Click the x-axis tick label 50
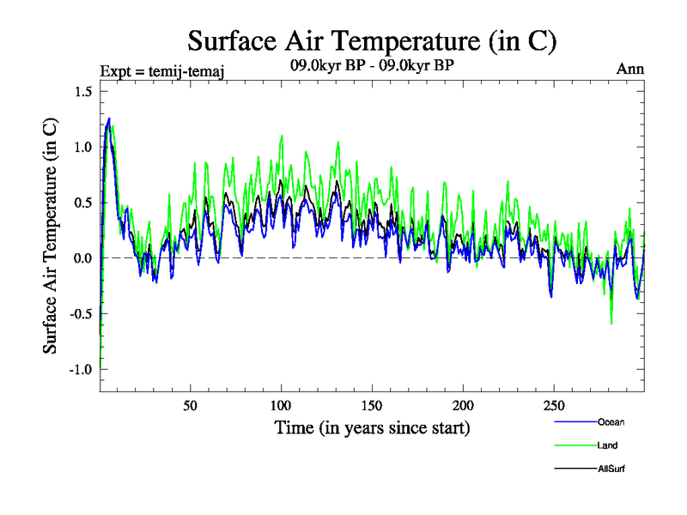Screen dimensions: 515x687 (x=191, y=405)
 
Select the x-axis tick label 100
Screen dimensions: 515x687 (x=282, y=405)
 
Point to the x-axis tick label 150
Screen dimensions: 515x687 (x=373, y=405)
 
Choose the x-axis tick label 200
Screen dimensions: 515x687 (x=464, y=405)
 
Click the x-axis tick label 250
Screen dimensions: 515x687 (x=554, y=405)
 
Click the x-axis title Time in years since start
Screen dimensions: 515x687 (x=372, y=427)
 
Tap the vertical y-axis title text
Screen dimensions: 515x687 (x=51, y=235)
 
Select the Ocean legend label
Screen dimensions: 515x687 (x=611, y=422)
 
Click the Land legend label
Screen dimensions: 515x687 (x=607, y=445)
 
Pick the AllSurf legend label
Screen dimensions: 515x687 (x=611, y=469)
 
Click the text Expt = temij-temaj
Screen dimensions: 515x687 (x=163, y=70)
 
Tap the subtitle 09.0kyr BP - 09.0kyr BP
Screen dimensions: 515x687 (x=372, y=64)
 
